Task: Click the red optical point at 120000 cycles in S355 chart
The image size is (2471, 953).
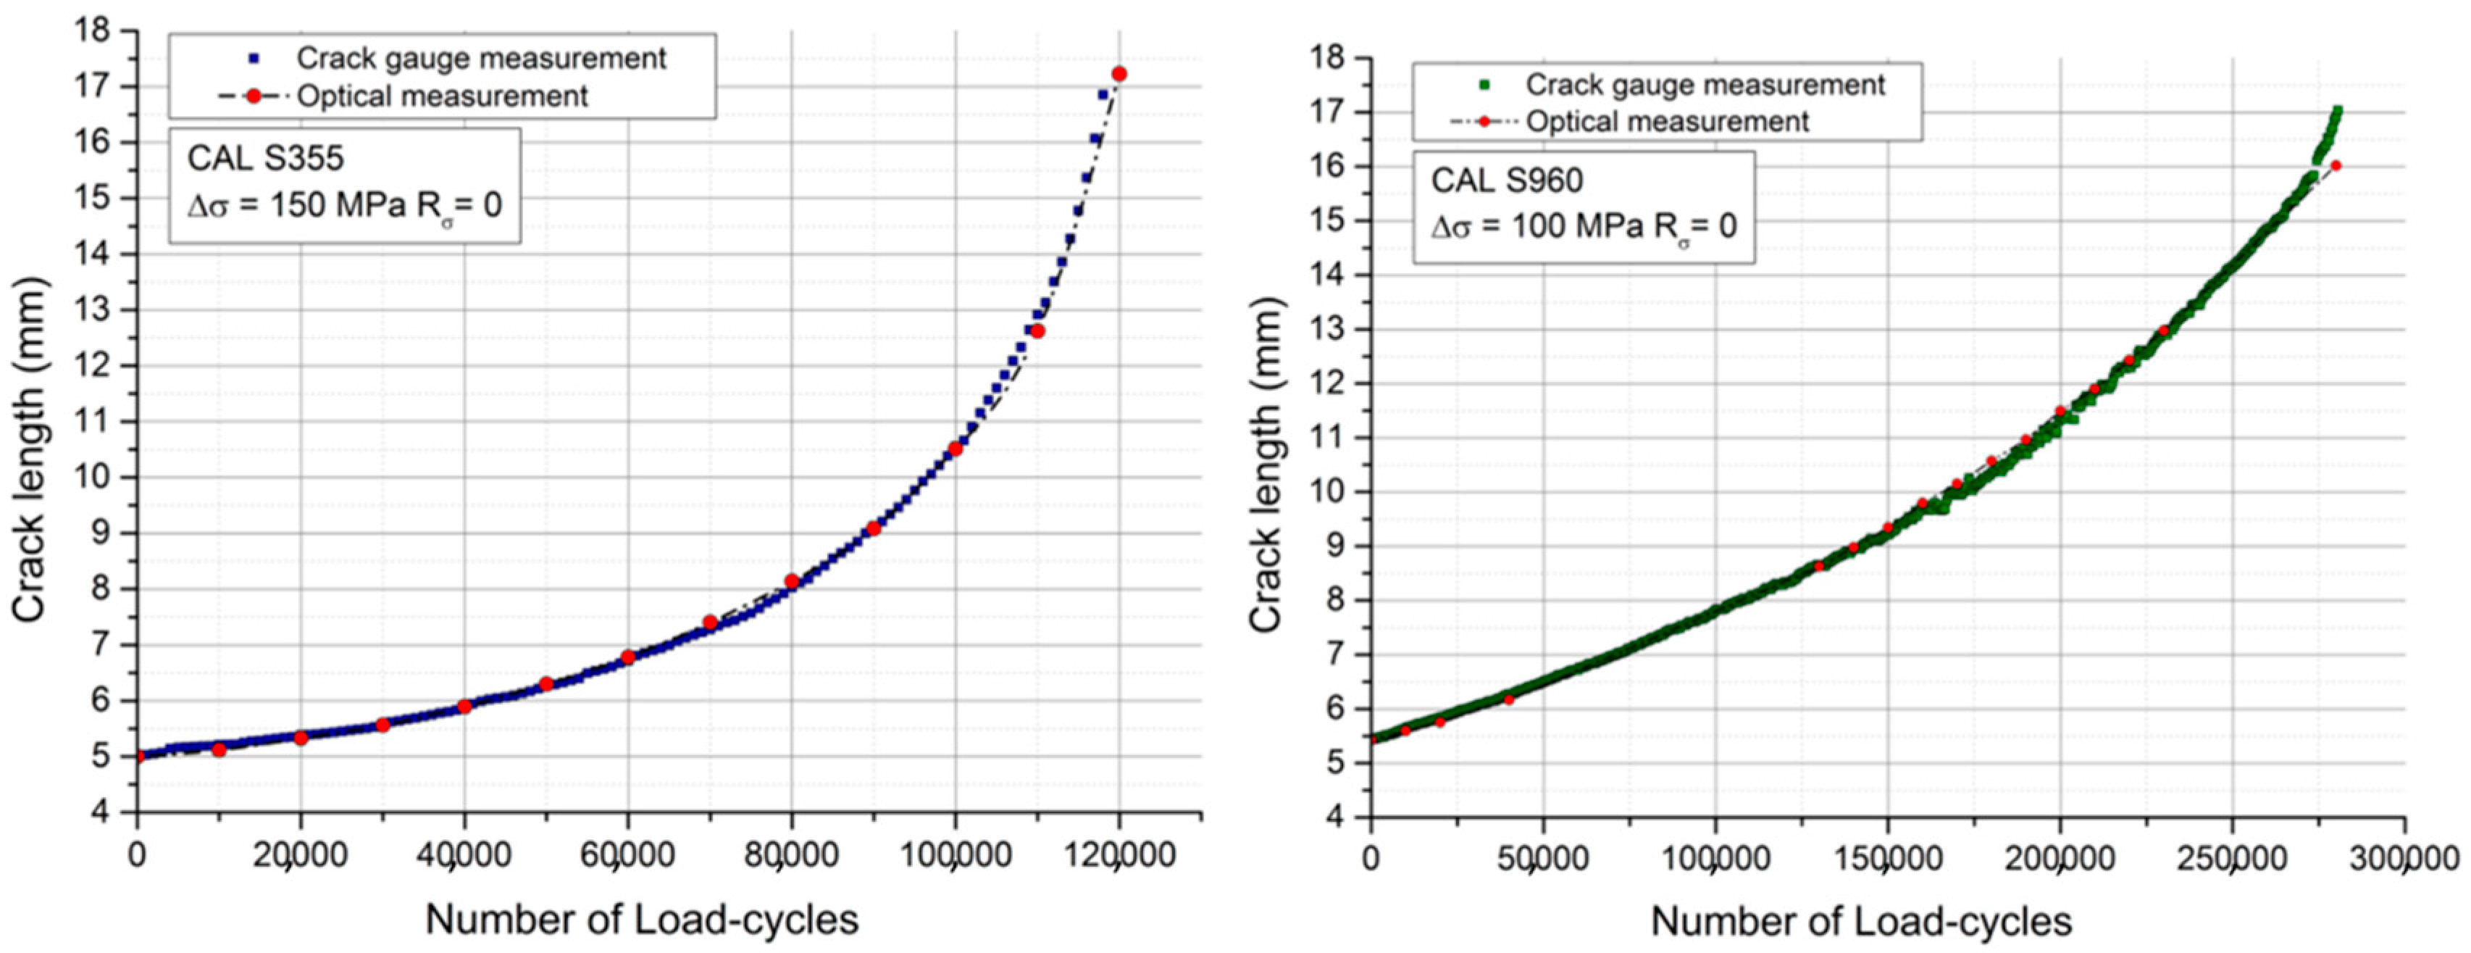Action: pyautogui.click(x=1119, y=74)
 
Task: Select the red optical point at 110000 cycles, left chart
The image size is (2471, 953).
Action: pyautogui.click(x=1037, y=331)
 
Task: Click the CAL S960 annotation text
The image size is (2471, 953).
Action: pyautogui.click(x=1507, y=180)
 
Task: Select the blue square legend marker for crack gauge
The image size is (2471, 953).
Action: pyautogui.click(x=254, y=59)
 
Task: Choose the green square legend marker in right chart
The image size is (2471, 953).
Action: pyautogui.click(x=1484, y=86)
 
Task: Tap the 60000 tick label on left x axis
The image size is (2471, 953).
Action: pyautogui.click(x=627, y=853)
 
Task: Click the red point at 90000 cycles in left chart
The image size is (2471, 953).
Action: pyautogui.click(x=873, y=529)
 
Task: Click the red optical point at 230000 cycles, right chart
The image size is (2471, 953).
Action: pyautogui.click(x=2163, y=330)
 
